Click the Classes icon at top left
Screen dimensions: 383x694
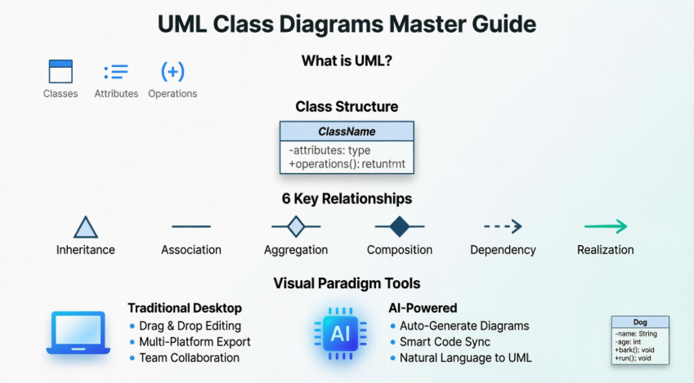click(x=60, y=71)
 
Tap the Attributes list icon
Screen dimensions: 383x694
click(x=116, y=71)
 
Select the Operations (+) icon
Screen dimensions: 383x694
click(x=172, y=71)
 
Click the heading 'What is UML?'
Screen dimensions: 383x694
click(x=347, y=61)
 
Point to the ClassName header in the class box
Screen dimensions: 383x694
click(x=347, y=131)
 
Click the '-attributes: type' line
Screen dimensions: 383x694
click(x=329, y=150)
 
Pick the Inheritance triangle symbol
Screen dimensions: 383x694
click(x=86, y=227)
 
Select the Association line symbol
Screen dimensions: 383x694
click(x=191, y=226)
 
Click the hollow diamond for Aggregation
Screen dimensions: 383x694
click(x=296, y=226)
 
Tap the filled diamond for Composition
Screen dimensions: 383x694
click(x=399, y=226)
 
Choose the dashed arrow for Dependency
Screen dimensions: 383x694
click(x=503, y=227)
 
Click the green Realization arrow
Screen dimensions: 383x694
click(x=606, y=227)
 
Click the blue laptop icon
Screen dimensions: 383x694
click(x=78, y=332)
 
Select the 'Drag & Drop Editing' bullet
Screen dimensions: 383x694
click(x=189, y=326)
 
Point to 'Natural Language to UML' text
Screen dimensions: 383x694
click(x=465, y=358)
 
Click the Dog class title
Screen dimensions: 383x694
click(x=640, y=323)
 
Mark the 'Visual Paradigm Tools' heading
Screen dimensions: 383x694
click(x=347, y=283)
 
